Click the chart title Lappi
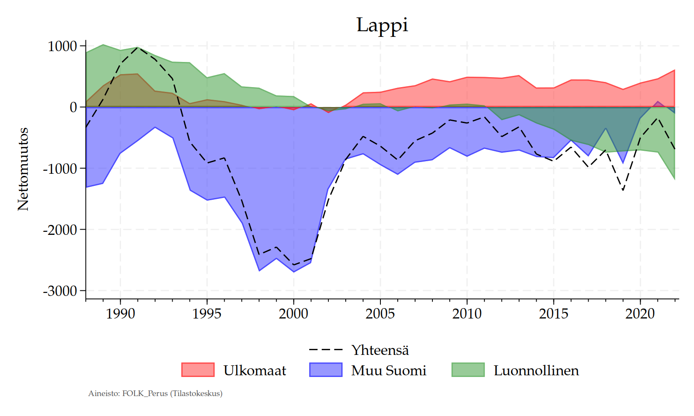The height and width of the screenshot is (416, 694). tap(382, 25)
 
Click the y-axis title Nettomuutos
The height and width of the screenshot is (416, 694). tap(23, 169)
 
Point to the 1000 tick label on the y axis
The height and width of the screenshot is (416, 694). tap(62, 46)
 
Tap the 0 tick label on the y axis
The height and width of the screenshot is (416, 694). tap(73, 107)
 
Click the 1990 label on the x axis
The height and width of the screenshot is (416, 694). tap(121, 313)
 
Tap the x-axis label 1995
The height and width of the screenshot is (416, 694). tap(207, 313)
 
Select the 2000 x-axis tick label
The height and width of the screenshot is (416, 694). tap(294, 313)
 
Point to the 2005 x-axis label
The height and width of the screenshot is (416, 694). tap(380, 313)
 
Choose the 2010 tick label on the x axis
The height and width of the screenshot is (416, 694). tap(467, 313)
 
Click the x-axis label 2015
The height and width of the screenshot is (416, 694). tap(553, 313)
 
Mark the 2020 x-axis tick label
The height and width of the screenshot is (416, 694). tap(640, 313)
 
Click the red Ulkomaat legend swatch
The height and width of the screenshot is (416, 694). tap(198, 370)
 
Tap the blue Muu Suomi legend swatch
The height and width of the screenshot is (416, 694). tap(326, 370)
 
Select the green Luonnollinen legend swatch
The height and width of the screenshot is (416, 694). tap(468, 370)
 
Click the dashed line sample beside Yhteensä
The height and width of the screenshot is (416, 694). tap(326, 350)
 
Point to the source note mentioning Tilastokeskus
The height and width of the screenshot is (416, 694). tap(155, 393)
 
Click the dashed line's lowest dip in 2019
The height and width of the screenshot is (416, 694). tap(623, 190)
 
